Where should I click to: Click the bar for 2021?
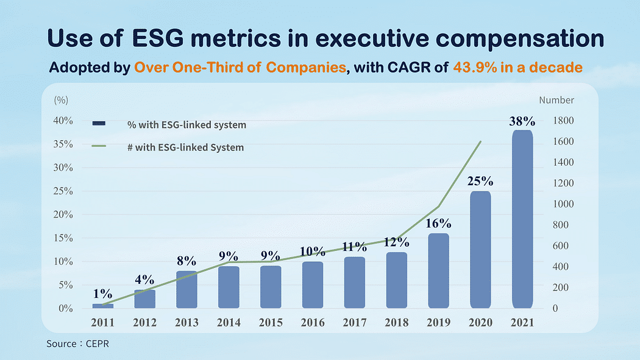(522, 219)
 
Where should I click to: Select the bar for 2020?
(480, 250)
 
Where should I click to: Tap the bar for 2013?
(187, 289)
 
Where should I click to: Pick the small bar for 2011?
(103, 306)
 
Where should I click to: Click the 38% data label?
(522, 121)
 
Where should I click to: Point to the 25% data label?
(480, 182)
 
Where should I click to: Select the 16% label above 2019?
(438, 224)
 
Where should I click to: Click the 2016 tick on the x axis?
(313, 322)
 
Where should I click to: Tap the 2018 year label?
(397, 322)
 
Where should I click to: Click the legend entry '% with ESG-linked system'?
(187, 125)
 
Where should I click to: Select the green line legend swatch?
(99, 146)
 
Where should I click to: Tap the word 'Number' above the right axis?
(556, 100)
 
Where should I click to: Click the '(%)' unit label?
(61, 100)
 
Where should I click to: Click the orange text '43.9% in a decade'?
(517, 67)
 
